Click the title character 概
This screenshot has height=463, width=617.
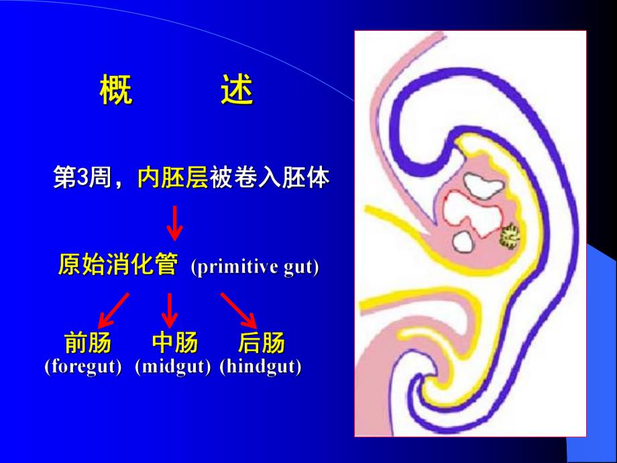pos(116,91)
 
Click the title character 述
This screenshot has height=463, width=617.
pos(237,91)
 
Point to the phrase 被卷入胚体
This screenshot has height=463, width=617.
pos(270,178)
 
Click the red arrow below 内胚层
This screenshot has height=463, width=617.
pos(174,223)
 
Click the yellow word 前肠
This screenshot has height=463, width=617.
pos(88,343)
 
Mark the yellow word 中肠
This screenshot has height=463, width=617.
pos(175,343)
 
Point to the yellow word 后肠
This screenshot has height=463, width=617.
pos(262,343)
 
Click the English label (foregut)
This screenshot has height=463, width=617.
pos(83,367)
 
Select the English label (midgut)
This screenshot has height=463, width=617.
pos(173,367)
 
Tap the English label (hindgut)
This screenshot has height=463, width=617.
pos(260,367)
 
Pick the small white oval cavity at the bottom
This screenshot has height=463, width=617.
pos(462,241)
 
